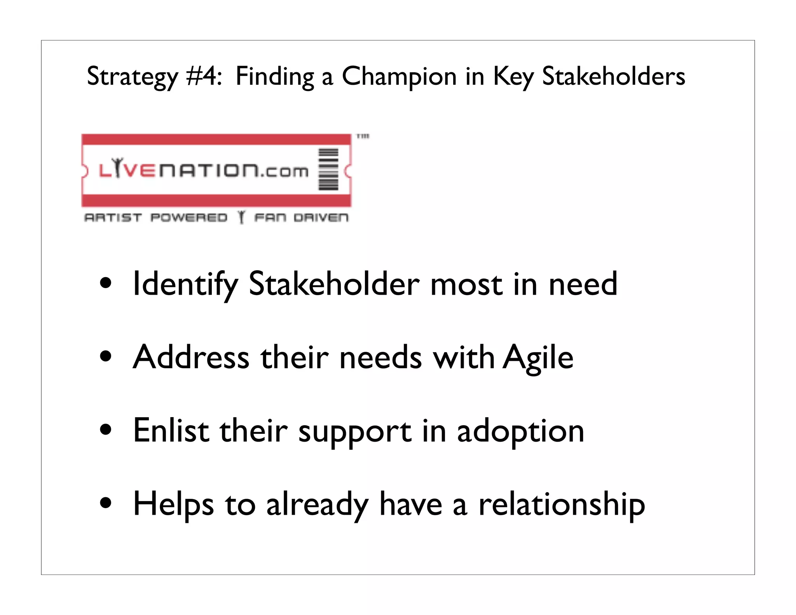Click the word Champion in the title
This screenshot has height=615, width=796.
(399, 77)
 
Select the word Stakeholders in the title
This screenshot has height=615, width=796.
(613, 76)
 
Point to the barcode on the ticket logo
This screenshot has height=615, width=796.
(328, 169)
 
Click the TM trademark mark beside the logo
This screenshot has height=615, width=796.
(363, 136)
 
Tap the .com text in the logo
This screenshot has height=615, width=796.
(285, 171)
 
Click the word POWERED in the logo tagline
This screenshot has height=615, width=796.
(189, 217)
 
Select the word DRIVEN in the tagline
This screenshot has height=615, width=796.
(321, 217)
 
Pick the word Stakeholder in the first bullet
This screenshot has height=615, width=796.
(334, 284)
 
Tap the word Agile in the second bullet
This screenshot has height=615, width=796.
(538, 358)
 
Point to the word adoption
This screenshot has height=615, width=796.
(520, 432)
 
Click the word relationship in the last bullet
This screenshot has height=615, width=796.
(562, 505)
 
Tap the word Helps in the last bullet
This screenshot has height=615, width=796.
(173, 505)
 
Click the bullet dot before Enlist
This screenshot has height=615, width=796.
(106, 430)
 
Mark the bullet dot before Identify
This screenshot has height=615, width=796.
(106, 283)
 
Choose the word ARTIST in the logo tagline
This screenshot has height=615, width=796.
(113, 217)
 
